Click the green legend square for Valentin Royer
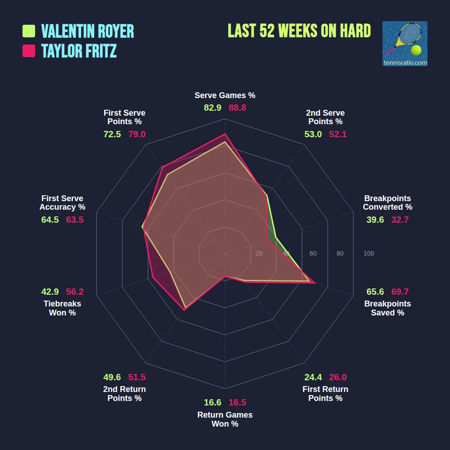pyautogui.click(x=29, y=31)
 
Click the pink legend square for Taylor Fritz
pyautogui.click(x=29, y=51)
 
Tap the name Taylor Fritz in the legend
pyautogui.click(x=79, y=51)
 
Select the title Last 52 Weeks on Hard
pyautogui.click(x=299, y=31)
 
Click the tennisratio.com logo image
pyautogui.click(x=405, y=44)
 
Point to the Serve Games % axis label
pyautogui.click(x=225, y=95)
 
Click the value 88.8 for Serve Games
pyautogui.click(x=237, y=108)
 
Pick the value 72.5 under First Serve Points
pyautogui.click(x=112, y=134)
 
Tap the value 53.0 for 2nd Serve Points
pyautogui.click(x=313, y=134)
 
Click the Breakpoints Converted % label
pyautogui.click(x=387, y=202)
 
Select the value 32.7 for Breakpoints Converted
pyautogui.click(x=400, y=220)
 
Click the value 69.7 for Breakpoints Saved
pyautogui.click(x=400, y=292)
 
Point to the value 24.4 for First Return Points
pyautogui.click(x=313, y=377)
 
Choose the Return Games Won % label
pyautogui.click(x=225, y=419)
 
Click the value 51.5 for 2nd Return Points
pyautogui.click(x=137, y=377)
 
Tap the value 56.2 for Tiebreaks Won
pyautogui.click(x=75, y=292)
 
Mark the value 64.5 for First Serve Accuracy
pyautogui.click(x=50, y=220)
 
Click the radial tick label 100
pyautogui.click(x=369, y=254)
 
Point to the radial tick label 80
pyautogui.click(x=340, y=254)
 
